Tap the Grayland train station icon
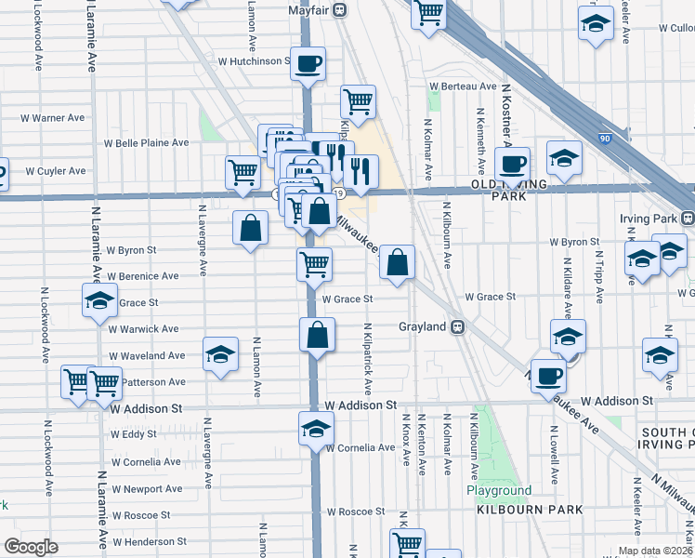[x=457, y=327]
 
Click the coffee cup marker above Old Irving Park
[x=512, y=165]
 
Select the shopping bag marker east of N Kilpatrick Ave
[x=397, y=263]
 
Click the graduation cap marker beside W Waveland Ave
[x=220, y=355]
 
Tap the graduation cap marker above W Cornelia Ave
[x=316, y=430]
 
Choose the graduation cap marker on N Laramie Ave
[x=99, y=301]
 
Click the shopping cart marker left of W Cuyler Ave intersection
[x=243, y=172]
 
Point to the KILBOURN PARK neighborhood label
[x=531, y=510]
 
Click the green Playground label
[x=499, y=490]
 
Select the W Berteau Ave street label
[x=463, y=86]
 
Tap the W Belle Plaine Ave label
[x=146, y=143]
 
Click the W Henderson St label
[x=150, y=540]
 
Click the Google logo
[x=31, y=547]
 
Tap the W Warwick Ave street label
[x=143, y=329]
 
